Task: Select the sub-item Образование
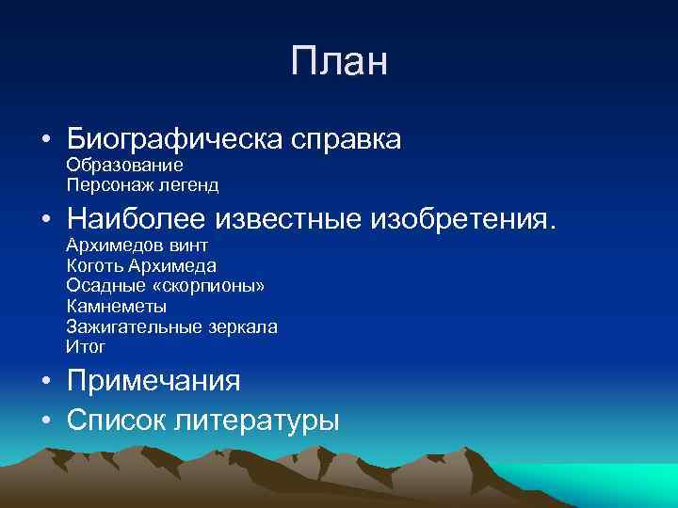click(x=124, y=166)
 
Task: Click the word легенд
click(x=189, y=185)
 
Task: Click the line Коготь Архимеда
click(x=141, y=266)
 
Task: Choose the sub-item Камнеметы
click(x=117, y=307)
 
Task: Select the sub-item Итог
click(x=86, y=347)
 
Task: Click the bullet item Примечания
click(x=153, y=381)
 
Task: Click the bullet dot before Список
click(x=45, y=419)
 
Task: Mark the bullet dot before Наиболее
click(x=45, y=220)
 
